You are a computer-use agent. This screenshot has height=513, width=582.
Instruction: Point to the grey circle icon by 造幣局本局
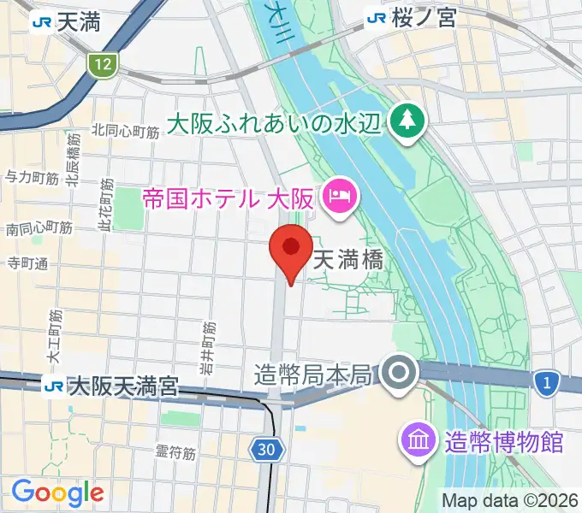tap(400, 374)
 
